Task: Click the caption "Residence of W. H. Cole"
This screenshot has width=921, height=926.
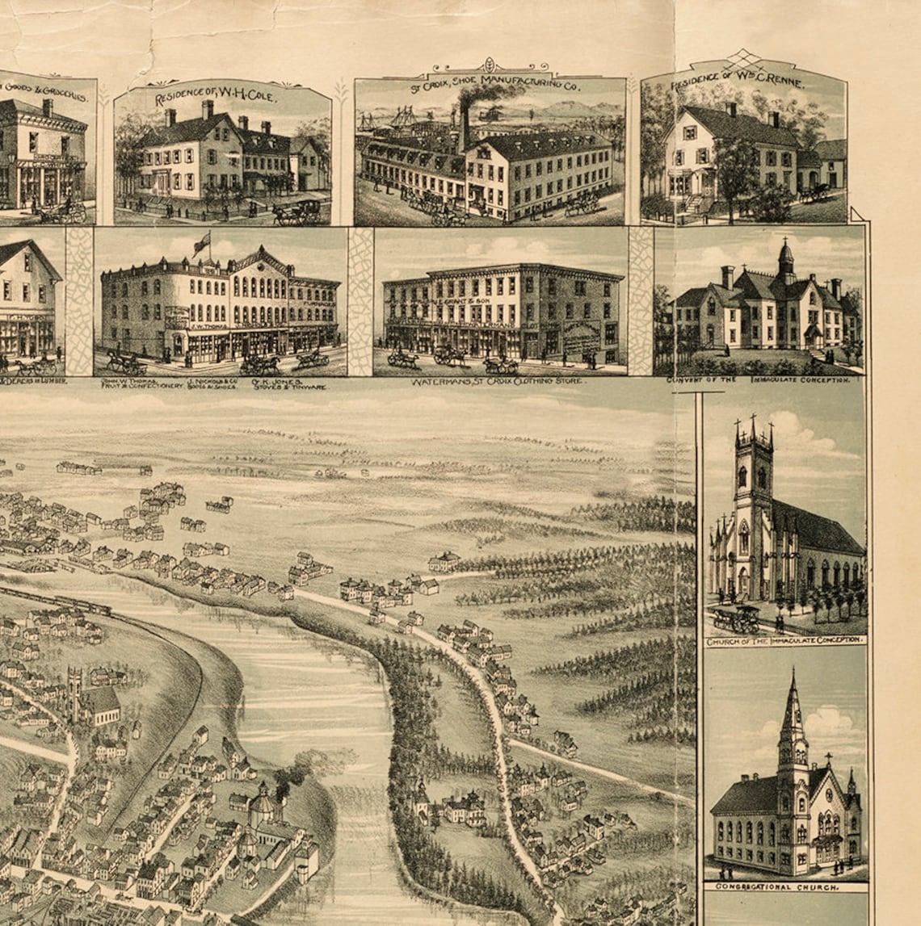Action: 216,98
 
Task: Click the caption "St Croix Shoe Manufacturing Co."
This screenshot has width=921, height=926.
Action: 490,80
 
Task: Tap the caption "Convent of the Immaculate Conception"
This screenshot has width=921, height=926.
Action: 758,379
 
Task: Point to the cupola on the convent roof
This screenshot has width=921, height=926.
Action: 785,261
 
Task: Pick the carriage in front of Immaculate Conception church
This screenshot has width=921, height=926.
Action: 735,619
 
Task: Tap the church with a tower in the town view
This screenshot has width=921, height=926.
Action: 77,694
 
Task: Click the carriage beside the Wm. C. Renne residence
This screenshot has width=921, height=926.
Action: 815,193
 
